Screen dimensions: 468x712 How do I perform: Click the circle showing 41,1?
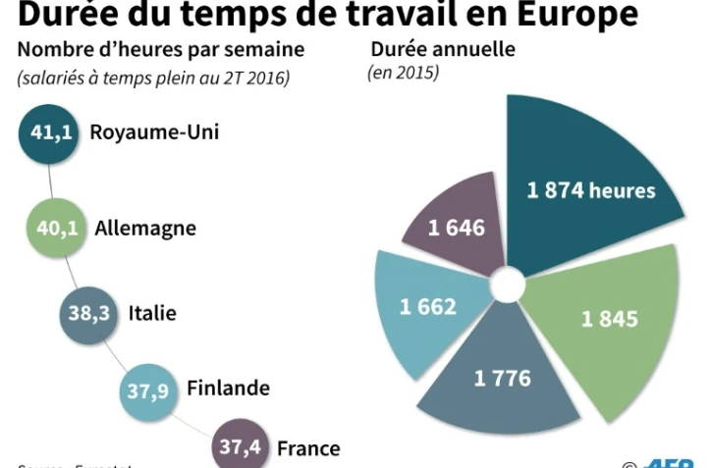point(49,134)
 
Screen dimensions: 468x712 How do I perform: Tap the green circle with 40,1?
point(56,229)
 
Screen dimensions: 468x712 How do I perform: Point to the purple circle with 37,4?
point(240,447)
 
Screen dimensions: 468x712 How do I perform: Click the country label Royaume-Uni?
point(154,132)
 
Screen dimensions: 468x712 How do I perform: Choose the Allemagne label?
point(145,229)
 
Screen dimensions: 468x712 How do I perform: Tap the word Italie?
point(152,314)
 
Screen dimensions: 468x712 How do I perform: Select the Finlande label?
point(228,388)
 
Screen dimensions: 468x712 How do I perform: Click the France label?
point(308,448)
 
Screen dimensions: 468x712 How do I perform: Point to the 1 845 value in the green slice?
point(609,319)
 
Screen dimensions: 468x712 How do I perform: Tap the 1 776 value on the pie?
point(502,378)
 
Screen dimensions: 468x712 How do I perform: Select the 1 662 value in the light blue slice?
point(427,306)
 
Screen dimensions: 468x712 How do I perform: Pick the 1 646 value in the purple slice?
point(457,228)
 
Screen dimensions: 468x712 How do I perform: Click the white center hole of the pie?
point(508,286)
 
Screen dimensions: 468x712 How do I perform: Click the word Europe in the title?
point(562,15)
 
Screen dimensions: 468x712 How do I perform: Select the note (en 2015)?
point(403,74)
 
